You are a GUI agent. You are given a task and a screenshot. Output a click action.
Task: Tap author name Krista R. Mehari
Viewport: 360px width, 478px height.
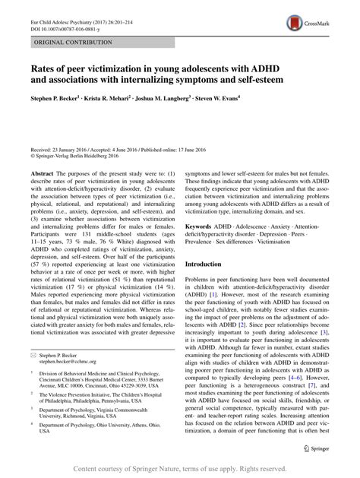pyautogui.click(x=128, y=98)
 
